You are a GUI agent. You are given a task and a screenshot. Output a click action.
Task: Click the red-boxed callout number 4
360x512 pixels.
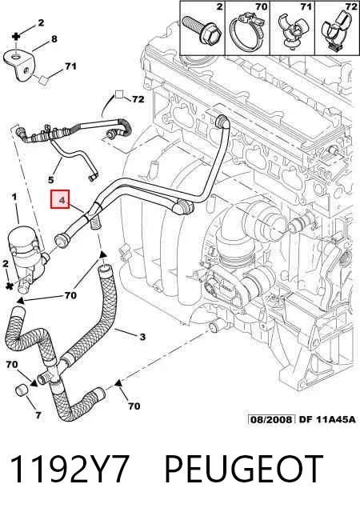pos(60,199)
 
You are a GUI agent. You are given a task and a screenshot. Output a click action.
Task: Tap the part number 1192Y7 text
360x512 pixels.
pos(69,470)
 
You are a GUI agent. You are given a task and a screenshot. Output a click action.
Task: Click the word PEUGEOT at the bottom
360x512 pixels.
pos(244,470)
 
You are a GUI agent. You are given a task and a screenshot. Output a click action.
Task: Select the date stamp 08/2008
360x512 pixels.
pos(271,419)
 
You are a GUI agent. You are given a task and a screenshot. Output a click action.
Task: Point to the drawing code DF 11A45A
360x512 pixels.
pos(327,419)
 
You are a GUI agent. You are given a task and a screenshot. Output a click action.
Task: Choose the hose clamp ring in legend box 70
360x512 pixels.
pos(247,33)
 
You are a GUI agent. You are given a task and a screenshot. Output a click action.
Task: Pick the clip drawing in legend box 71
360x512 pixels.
pos(292,32)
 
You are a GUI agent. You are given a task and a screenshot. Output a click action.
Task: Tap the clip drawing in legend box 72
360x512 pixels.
pos(336,31)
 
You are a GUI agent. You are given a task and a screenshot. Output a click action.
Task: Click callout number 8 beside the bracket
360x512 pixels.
pos(54,39)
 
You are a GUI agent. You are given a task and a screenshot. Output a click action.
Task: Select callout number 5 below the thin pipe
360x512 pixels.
pos(51,179)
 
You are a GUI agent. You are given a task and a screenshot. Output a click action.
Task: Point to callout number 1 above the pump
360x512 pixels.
pos(14,197)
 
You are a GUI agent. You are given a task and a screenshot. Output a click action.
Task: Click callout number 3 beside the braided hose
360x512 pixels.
pos(142,337)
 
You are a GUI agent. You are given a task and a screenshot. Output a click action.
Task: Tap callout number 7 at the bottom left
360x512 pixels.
pos(38,415)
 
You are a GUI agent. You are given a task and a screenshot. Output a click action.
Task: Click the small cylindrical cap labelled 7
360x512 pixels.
pos(22,390)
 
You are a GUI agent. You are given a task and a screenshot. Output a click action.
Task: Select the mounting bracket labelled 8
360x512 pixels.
pos(19,64)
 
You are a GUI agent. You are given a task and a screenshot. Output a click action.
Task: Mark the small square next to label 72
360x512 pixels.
pos(119,94)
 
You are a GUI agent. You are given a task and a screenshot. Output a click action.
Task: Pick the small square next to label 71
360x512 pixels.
pos(43,80)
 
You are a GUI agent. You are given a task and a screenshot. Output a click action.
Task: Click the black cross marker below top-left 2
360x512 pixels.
pos(16,36)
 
